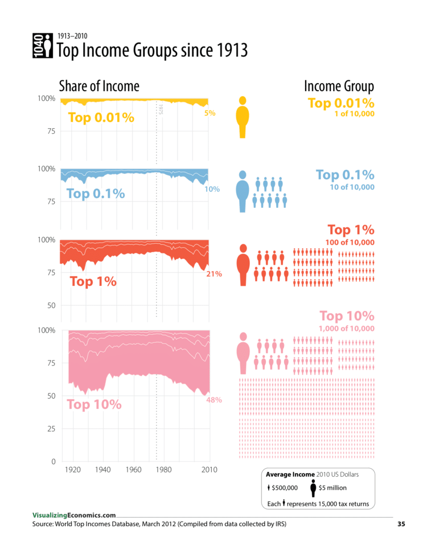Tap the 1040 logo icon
coord(42,46)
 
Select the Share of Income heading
coord(99,86)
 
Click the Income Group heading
coord(339,86)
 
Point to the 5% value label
coord(210,113)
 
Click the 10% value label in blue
coord(212,189)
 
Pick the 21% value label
coord(214,274)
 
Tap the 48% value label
coord(213,400)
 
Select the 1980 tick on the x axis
coord(164,470)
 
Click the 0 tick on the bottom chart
coord(52,461)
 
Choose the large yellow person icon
coord(243,117)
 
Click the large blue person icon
coord(243,192)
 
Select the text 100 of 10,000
coord(350,243)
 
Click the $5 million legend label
coord(332,488)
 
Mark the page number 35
coord(401,524)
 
